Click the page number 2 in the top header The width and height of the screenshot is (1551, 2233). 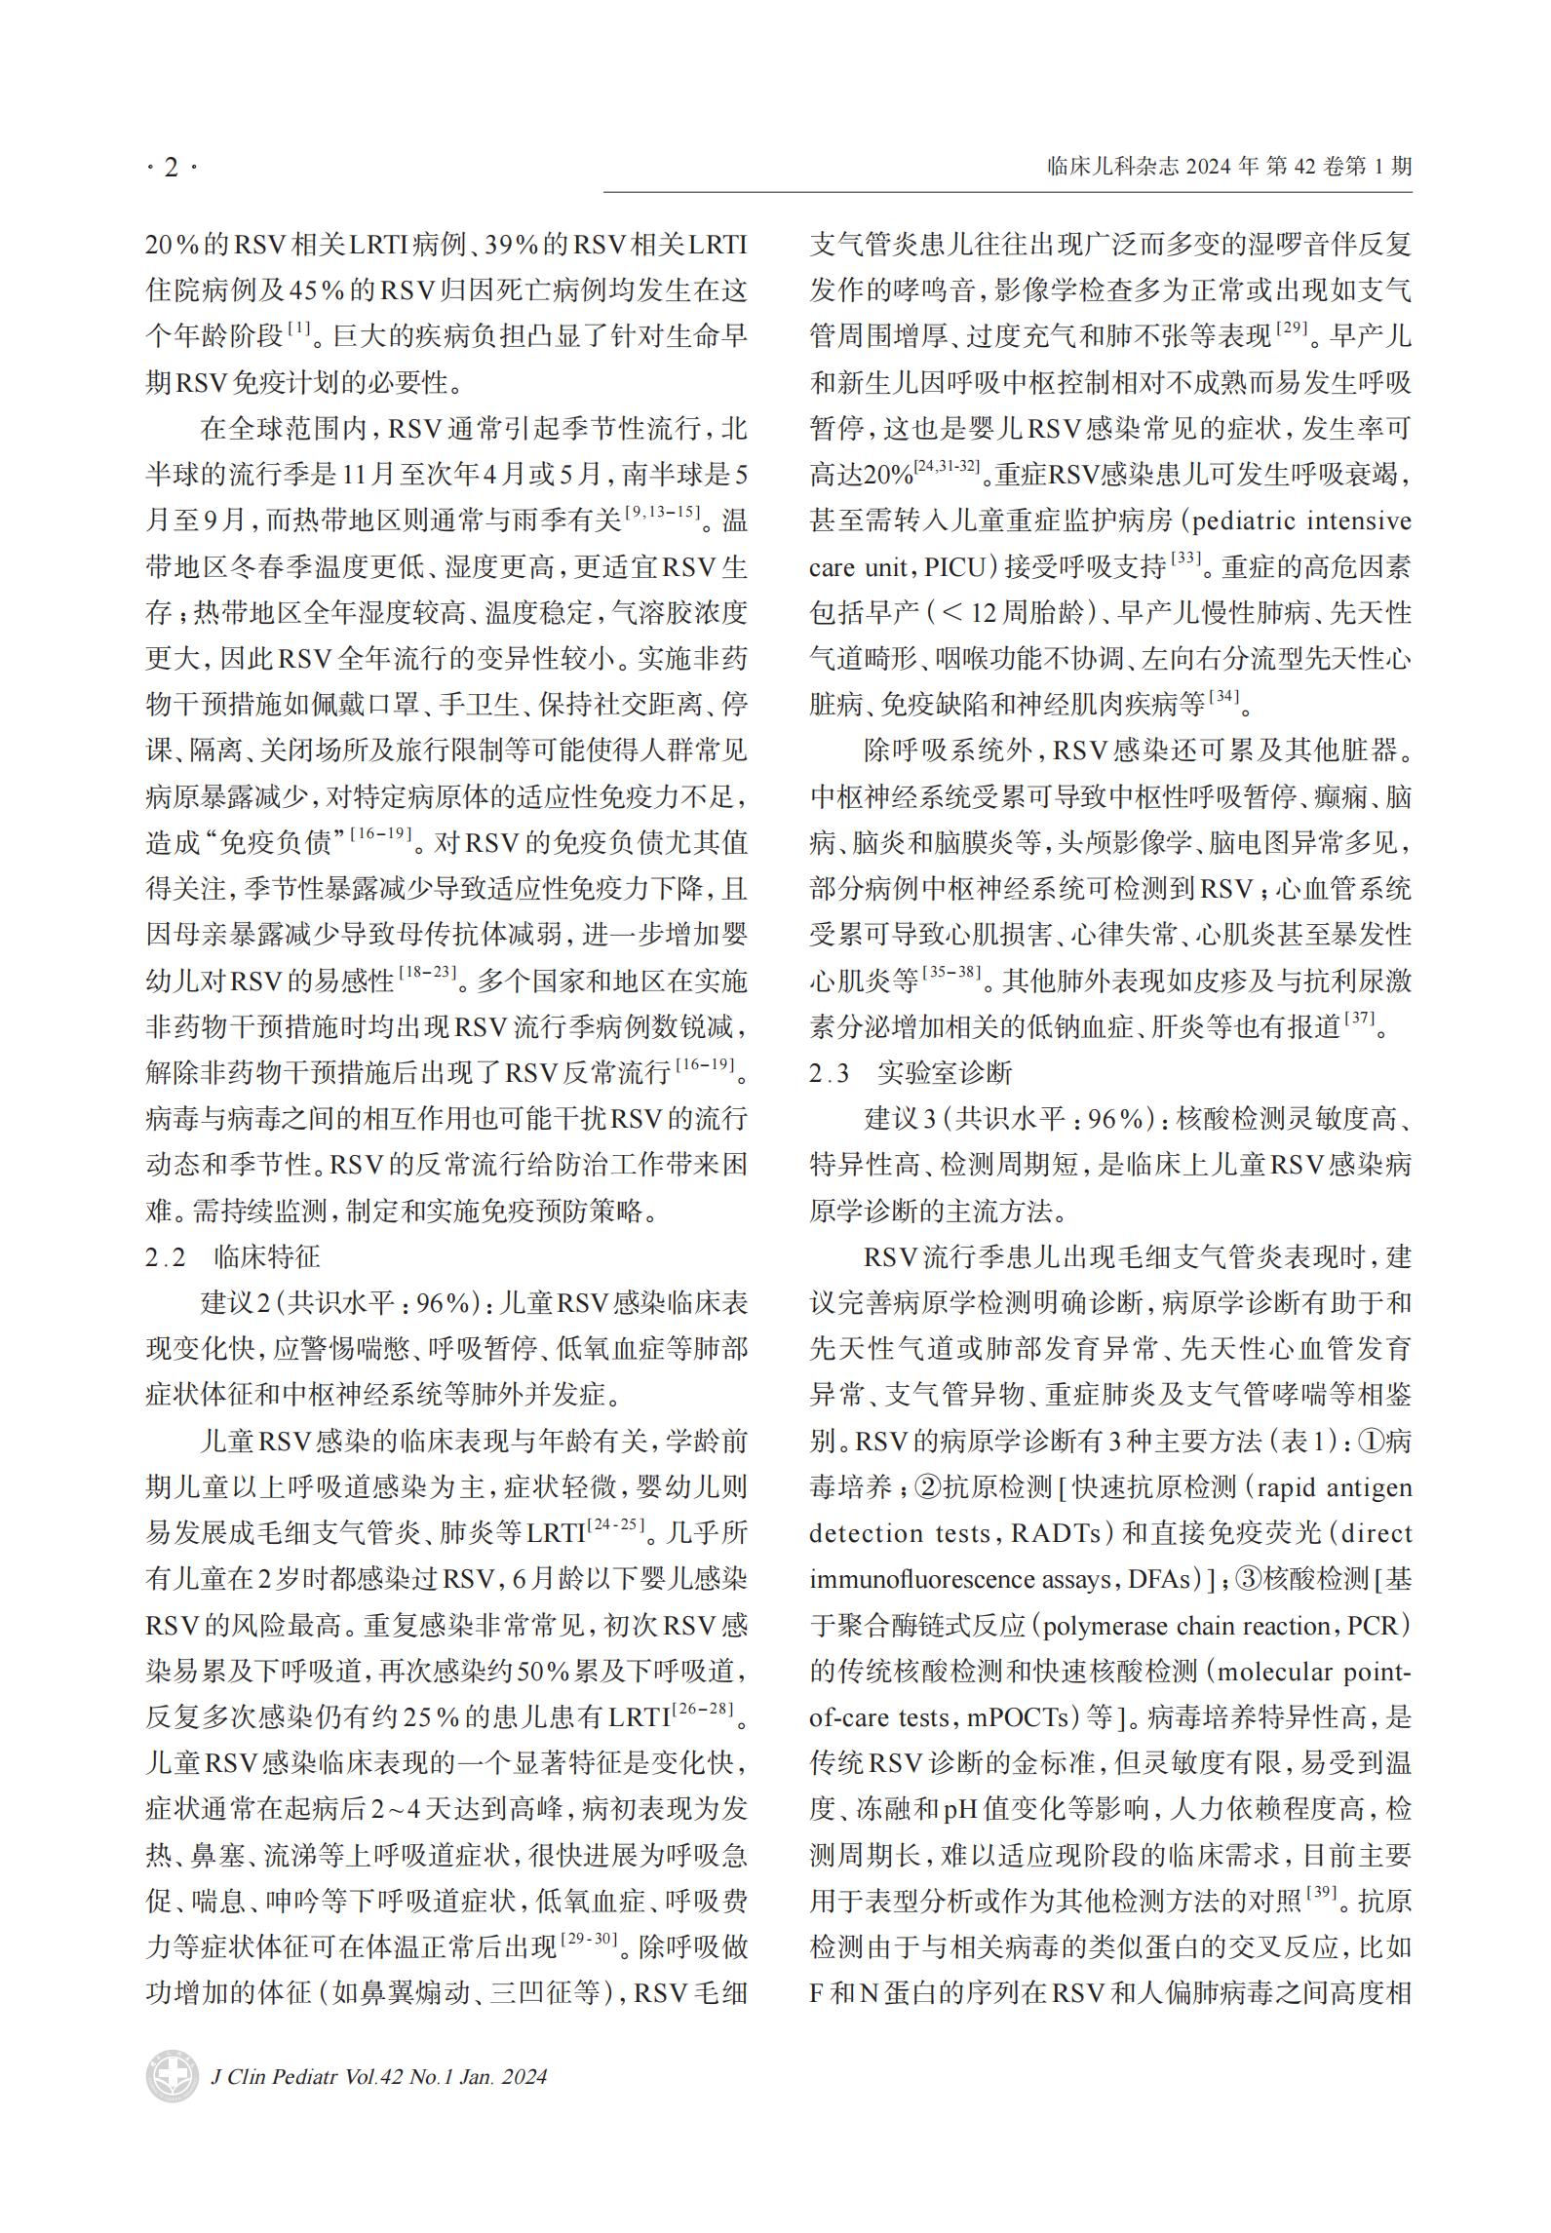point(172,168)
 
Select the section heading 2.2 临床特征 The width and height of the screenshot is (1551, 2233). point(233,1257)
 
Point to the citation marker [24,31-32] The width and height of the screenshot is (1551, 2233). point(946,468)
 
